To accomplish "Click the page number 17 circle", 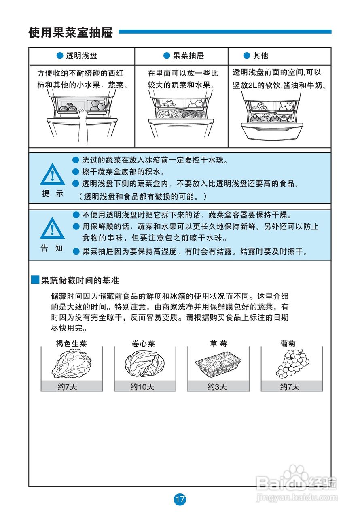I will [x=180, y=499].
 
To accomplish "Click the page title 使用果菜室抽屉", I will [x=70, y=32].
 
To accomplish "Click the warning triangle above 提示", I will [x=52, y=175].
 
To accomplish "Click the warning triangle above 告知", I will [x=52, y=229].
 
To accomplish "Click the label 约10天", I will [x=142, y=387].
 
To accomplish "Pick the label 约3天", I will [x=217, y=387].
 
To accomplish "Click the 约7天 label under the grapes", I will [x=290, y=387].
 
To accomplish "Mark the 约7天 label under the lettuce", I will [x=67, y=387].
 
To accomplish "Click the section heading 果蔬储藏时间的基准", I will [x=80, y=280].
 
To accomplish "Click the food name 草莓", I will [x=218, y=344].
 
